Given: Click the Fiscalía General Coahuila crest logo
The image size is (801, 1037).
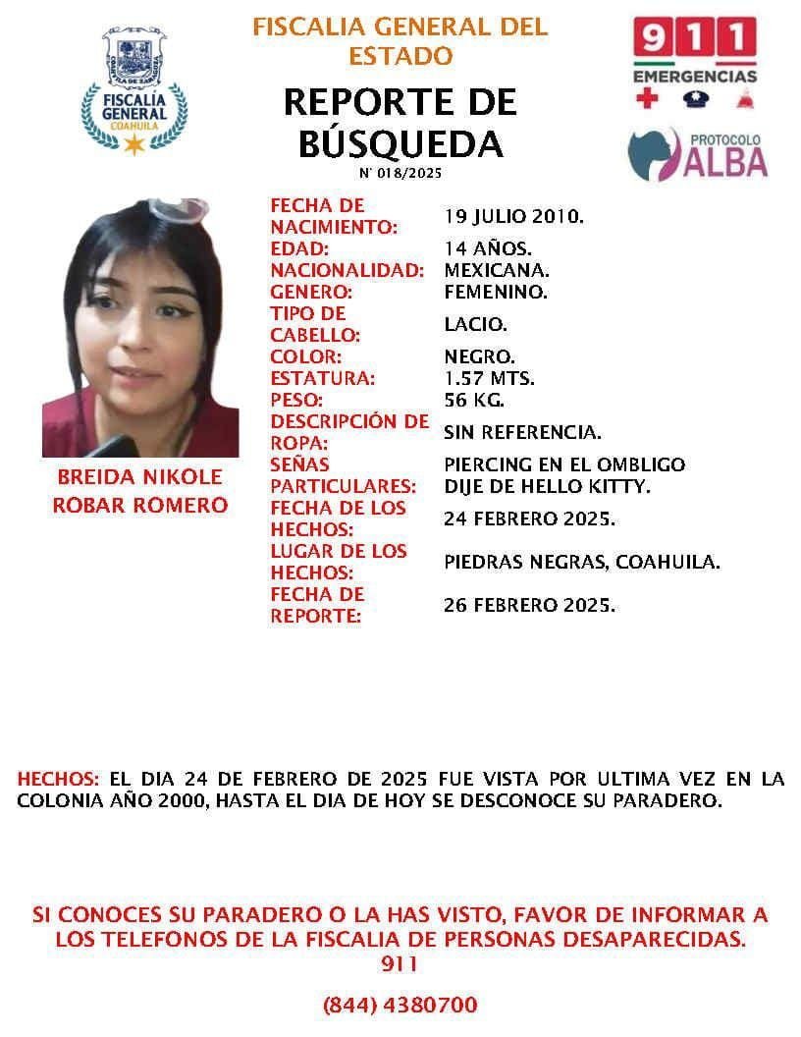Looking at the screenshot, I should click(x=133, y=91).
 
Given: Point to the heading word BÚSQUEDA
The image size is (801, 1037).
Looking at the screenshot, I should click(x=400, y=144).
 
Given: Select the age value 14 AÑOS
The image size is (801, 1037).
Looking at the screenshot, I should click(x=488, y=248).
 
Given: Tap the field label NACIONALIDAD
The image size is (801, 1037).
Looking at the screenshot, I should click(x=347, y=270).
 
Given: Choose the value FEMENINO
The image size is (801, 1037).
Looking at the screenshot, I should click(x=496, y=292).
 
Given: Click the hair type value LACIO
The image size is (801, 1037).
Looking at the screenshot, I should click(x=476, y=324).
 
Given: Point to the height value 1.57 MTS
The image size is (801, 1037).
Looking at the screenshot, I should click(x=490, y=378).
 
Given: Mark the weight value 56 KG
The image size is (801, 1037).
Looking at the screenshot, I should click(x=474, y=400).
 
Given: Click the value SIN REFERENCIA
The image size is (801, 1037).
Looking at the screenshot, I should click(x=522, y=432).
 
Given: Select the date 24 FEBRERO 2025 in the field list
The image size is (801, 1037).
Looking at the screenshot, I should click(x=530, y=518).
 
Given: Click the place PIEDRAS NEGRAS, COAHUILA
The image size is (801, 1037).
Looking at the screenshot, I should click(x=582, y=562).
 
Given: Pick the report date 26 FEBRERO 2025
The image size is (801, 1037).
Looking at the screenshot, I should click(x=530, y=605).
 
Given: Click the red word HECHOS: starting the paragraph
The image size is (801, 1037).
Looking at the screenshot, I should click(x=58, y=779).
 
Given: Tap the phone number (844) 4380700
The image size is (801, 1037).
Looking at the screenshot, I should click(x=400, y=1005).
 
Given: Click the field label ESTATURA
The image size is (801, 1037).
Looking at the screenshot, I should click(x=322, y=378).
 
